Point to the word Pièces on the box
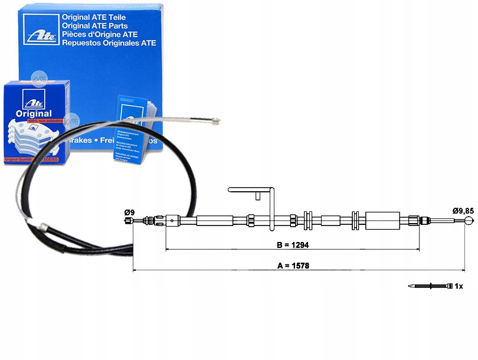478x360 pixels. [x=75, y=34]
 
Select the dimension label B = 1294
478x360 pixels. [x=293, y=244]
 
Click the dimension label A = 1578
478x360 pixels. [x=294, y=266]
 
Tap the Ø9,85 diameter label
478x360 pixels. [x=463, y=211]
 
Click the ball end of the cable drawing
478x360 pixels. [x=469, y=221]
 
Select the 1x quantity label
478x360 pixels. [x=459, y=286]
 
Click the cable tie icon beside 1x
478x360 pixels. [x=431, y=286]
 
